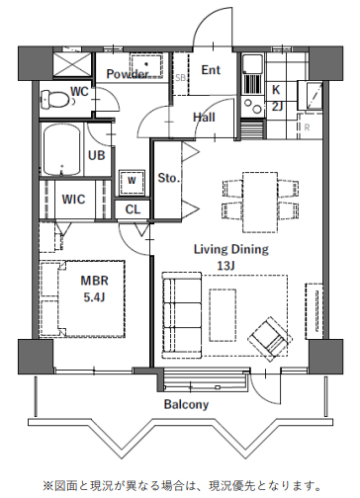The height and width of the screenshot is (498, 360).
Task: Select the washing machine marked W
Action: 132,182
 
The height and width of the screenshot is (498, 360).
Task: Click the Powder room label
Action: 128,74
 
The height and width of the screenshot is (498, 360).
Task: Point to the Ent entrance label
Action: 211,69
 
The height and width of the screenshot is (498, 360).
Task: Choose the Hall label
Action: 204,117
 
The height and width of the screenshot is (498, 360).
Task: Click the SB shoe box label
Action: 181,78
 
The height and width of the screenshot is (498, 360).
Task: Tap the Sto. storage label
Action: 169,178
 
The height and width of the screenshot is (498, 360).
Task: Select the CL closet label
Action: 133,209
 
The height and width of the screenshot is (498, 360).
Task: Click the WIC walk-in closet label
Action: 73,199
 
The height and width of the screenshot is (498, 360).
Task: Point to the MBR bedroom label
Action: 95,281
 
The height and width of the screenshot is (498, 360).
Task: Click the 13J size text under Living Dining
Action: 226,266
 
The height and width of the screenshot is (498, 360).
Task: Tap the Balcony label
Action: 187,404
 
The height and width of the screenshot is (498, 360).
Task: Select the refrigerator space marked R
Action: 307,127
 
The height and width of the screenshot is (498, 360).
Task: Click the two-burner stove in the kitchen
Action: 252,106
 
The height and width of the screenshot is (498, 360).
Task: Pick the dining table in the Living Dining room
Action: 260,203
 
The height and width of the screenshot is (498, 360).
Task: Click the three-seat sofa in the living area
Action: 182,315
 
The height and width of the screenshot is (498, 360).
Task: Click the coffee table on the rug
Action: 223,315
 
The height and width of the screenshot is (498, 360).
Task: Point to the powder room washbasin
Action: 146,65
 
